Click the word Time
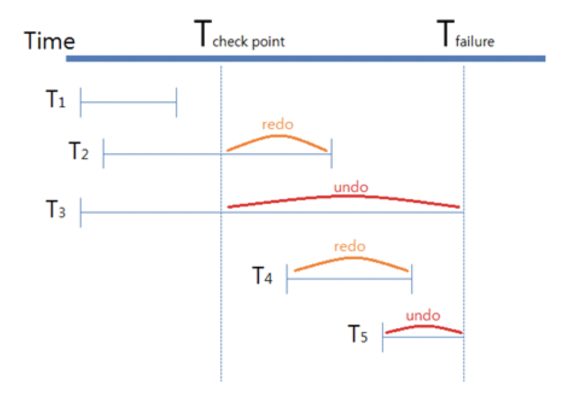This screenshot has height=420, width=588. (50, 41)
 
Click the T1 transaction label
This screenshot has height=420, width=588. (56, 100)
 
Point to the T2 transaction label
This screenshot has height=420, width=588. (78, 152)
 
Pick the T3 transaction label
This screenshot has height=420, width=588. (56, 209)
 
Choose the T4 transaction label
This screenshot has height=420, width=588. (262, 276)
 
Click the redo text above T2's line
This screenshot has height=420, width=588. (277, 125)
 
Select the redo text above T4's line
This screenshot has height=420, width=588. (350, 246)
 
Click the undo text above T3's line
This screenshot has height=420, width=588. (351, 187)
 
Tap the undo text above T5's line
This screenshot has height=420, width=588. (423, 316)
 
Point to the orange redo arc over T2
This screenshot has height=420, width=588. (278, 136)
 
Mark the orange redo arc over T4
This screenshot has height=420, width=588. (350, 258)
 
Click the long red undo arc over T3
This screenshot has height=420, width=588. (344, 197)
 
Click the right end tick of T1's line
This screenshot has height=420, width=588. (176, 102)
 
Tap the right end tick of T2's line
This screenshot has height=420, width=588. (331, 154)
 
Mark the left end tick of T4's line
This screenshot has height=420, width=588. (287, 278)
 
